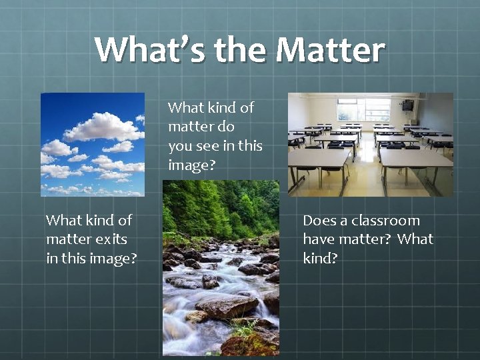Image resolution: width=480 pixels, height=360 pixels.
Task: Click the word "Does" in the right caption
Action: [x=319, y=221]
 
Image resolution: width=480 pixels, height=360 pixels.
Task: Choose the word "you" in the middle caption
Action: [x=180, y=146]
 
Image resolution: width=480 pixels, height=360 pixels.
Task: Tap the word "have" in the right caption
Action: [x=320, y=239]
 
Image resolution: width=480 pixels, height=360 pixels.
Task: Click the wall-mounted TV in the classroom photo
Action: [x=407, y=105]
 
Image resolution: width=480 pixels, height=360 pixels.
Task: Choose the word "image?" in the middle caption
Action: [x=192, y=165]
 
